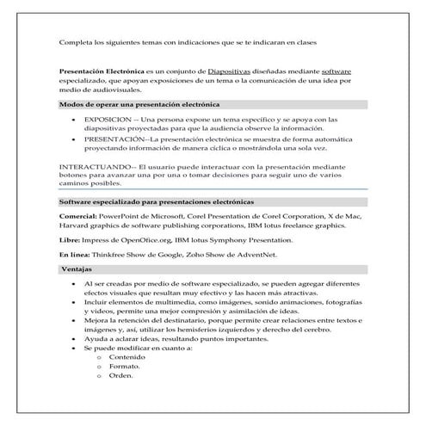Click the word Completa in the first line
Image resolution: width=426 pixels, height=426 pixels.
(x=74, y=42)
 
